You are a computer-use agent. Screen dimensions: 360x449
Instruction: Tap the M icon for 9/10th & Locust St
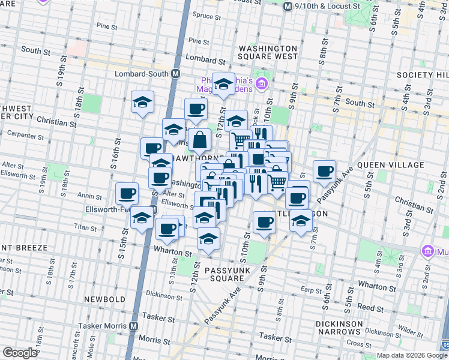click(288, 6)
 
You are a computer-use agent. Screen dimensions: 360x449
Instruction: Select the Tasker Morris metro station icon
click(133, 326)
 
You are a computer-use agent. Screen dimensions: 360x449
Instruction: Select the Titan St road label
click(85, 228)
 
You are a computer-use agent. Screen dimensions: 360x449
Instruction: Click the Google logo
click(20, 353)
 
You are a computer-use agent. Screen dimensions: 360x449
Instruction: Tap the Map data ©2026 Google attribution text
click(412, 355)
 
